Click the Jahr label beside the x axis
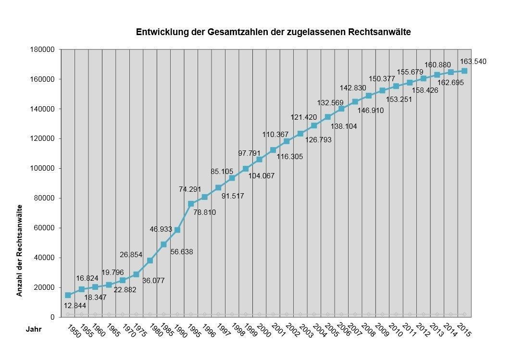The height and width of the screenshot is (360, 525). pyautogui.click(x=34, y=330)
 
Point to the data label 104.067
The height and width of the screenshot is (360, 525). pyautogui.click(x=262, y=176)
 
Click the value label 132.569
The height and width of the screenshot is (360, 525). pyautogui.click(x=330, y=103)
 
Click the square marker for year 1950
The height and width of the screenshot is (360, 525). pyautogui.click(x=68, y=295)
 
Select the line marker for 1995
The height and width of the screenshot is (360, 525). pyautogui.click(x=191, y=204)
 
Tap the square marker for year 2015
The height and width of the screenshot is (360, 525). pyautogui.click(x=464, y=71)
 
